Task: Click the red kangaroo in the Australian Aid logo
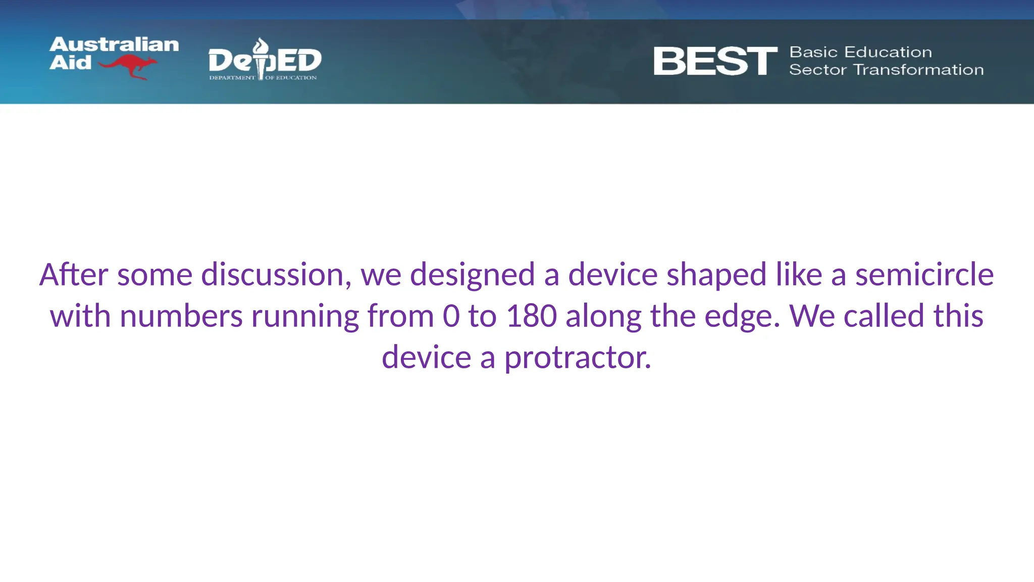(129, 66)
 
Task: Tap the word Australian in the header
(114, 44)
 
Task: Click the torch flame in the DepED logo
(261, 46)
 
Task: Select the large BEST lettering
(715, 62)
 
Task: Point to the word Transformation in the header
(918, 70)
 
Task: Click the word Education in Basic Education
(888, 52)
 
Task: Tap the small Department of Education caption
(263, 78)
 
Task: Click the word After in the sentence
(74, 275)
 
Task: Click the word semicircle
(924, 275)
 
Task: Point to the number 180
(531, 316)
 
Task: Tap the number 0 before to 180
(451, 316)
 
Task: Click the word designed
(472, 275)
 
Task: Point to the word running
(304, 316)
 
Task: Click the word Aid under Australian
(71, 63)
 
